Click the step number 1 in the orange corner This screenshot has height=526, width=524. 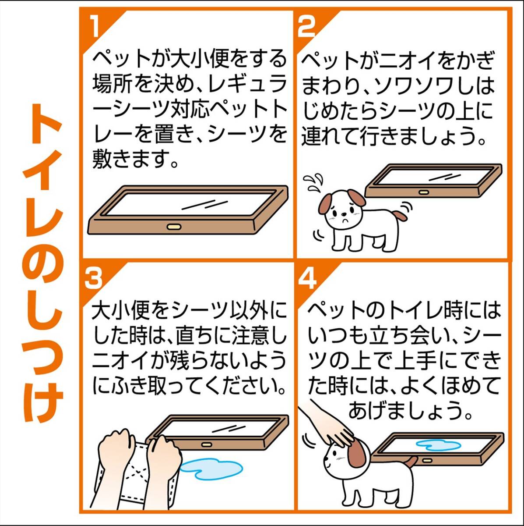coord(94,27)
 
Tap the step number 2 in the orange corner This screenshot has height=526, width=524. coord(306,27)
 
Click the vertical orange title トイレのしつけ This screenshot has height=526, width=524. coord(44,263)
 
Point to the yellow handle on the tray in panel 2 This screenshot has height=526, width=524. coord(423,192)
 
